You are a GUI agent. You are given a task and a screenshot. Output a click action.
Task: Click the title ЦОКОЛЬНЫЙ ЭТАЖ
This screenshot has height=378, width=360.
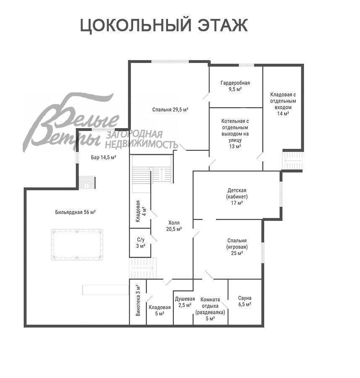tap(164, 26)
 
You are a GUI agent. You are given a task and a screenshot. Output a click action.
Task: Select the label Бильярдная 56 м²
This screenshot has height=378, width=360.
tap(75, 212)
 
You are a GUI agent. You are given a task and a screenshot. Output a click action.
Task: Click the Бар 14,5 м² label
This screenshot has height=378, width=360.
tap(103, 158)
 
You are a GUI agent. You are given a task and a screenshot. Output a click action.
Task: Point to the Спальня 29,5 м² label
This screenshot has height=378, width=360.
tap(170, 110)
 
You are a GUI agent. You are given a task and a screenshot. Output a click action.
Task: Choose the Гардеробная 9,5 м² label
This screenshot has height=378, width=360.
tap(235, 86)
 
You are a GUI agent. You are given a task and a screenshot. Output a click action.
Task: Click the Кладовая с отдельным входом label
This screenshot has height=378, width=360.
tap(283, 104)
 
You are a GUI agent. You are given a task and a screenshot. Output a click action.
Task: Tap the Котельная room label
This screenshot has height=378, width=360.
tap(235, 134)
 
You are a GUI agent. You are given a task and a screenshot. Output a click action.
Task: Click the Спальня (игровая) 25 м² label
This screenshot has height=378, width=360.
tap(237, 247)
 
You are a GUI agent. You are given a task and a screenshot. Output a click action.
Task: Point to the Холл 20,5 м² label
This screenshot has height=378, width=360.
tap(174, 226)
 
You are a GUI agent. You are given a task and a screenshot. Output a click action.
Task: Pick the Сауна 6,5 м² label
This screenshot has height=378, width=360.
tap(244, 301)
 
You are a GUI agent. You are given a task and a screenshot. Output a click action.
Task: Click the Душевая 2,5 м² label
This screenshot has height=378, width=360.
tap(184, 302)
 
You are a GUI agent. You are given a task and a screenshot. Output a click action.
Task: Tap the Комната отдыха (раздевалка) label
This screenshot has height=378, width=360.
tap(210, 309)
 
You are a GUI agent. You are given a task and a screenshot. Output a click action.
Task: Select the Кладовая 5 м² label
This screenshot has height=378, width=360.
tap(159, 310)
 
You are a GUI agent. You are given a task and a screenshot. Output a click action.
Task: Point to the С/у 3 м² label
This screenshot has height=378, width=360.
tap(141, 243)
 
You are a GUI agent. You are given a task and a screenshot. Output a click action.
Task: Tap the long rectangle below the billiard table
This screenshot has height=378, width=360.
tap(105, 290)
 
